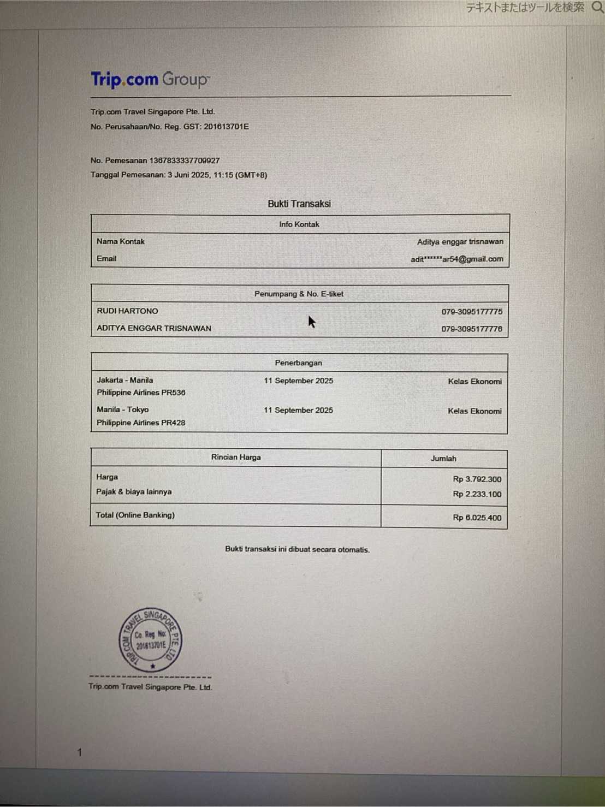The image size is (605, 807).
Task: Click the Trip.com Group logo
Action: (150, 80)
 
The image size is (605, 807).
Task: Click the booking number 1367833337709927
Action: (184, 161)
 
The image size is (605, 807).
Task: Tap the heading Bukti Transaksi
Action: (299, 204)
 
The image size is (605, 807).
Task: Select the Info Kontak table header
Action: (299, 224)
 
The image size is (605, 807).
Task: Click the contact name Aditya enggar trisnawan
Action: (460, 242)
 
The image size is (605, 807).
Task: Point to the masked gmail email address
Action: (457, 259)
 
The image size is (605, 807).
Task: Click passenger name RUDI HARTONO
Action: (127, 311)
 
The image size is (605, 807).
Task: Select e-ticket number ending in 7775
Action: (472, 312)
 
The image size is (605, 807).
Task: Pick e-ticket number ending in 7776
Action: (472, 329)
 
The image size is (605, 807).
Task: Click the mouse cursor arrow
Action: (311, 322)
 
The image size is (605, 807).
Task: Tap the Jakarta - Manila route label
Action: (124, 380)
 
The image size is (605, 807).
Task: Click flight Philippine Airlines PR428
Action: (141, 423)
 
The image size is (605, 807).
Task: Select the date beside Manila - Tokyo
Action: (298, 410)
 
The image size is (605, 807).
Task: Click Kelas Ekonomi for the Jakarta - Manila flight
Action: (474, 382)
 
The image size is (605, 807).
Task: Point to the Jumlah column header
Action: (443, 459)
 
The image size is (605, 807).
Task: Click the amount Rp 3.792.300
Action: (477, 479)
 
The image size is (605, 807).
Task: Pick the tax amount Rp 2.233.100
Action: (477, 494)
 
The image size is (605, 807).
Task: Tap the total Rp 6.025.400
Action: (477, 518)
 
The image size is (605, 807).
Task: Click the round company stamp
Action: (151, 639)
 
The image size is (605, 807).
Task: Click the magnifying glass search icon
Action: (597, 7)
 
